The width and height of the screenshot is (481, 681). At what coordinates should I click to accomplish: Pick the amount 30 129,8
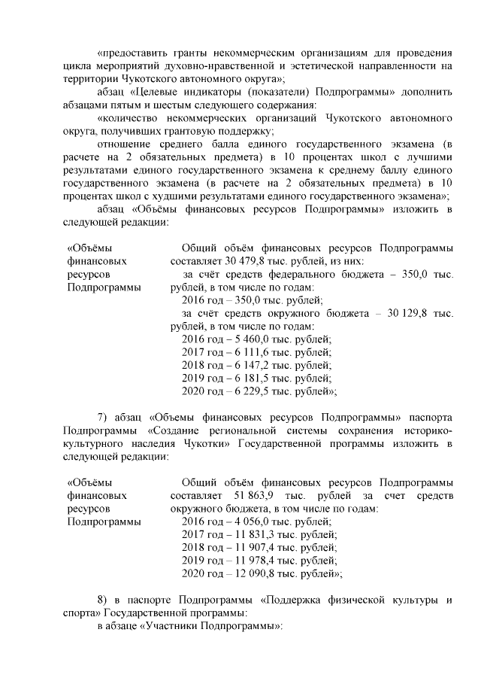(409, 312)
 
